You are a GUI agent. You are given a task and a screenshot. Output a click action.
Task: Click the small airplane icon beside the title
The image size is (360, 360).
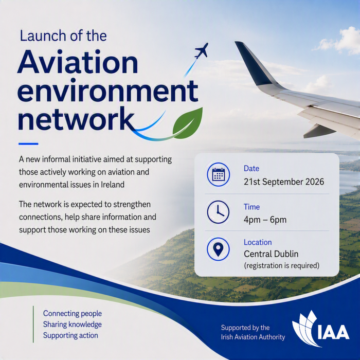[202, 50]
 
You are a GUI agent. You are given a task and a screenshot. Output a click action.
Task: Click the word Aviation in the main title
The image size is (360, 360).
[78, 62]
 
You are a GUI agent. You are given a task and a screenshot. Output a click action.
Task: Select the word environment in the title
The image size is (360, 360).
[108, 91]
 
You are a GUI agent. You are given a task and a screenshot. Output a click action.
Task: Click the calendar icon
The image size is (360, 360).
[218, 174]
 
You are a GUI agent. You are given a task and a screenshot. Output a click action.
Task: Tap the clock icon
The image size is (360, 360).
[218, 212]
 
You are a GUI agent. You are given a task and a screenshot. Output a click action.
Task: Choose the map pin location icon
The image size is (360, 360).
[218, 249]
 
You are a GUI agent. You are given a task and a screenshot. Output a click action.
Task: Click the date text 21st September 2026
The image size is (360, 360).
[284, 182]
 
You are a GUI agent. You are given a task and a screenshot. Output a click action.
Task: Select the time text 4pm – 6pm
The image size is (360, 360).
[265, 220]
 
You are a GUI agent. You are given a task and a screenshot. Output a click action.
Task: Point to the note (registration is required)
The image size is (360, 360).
[281, 266]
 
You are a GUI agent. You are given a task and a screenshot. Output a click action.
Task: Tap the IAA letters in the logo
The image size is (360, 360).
[333, 332]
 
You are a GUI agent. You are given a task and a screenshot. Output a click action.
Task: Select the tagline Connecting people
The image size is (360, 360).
[73, 314]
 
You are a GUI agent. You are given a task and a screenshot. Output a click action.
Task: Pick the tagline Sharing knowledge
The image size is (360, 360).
[73, 325]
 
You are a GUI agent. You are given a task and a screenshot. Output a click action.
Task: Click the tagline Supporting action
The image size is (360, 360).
[70, 335]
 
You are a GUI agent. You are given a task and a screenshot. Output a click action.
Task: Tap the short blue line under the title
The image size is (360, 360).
[28, 144]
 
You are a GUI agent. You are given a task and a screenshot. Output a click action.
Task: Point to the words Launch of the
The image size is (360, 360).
[63, 36]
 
